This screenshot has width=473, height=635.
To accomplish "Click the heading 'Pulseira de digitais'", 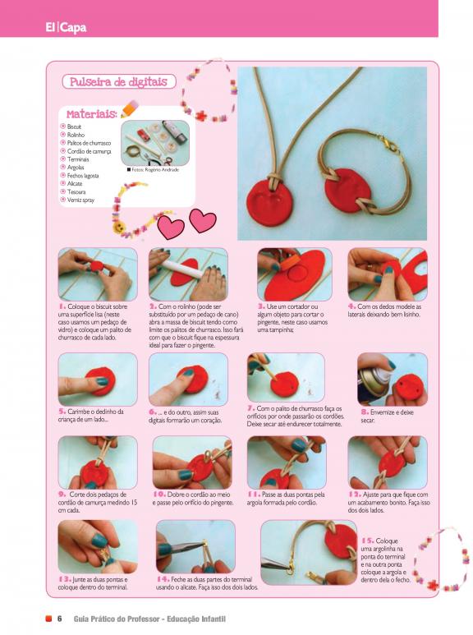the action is tap(118, 82).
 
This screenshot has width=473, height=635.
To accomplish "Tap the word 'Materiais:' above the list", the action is tap(92, 114).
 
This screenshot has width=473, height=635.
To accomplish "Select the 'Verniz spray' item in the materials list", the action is tap(80, 200).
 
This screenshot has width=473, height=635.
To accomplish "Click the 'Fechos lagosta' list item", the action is tap(83, 176).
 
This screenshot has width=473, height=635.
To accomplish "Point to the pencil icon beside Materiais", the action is tap(130, 108).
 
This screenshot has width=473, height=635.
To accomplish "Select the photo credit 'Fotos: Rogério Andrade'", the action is tap(153, 170).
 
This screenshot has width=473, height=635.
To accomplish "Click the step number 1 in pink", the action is tap(62, 306).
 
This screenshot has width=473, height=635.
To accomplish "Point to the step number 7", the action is tap(250, 408).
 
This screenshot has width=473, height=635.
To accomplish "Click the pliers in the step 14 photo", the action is tap(182, 547).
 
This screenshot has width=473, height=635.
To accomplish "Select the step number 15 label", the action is tap(367, 541).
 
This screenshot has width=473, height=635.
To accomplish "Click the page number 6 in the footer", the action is tap(59, 619).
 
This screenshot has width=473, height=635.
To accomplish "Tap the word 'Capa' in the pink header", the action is tap(73, 28).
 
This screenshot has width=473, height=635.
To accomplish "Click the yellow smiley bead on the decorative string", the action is tap(117, 227).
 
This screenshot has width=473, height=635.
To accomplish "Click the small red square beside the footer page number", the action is tap(48, 619).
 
